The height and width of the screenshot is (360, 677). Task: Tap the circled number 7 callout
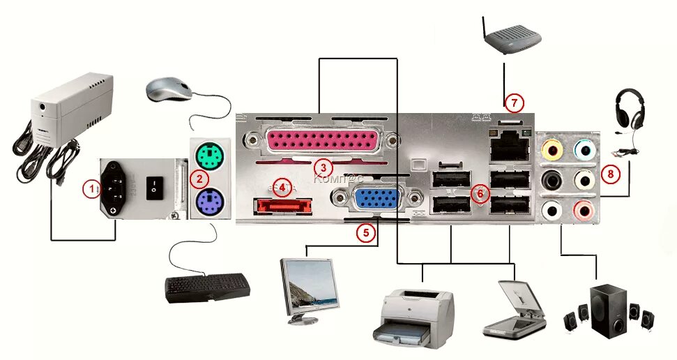[514, 103]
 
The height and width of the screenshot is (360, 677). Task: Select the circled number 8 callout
[611, 174]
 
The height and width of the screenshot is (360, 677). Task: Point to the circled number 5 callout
[366, 233]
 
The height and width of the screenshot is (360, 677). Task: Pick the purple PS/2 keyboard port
[208, 204]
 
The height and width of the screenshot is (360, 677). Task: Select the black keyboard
[208, 287]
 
